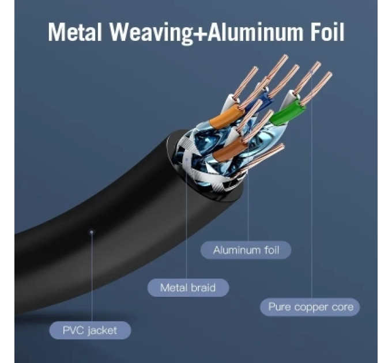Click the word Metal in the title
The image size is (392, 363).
click(x=75, y=32)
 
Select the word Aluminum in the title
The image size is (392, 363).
click(x=255, y=32)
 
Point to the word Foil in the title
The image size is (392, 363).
click(x=327, y=32)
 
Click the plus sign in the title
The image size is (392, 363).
click(x=200, y=33)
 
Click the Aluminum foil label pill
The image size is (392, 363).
click(x=246, y=250)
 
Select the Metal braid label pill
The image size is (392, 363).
click(x=188, y=288)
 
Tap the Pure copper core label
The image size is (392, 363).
click(x=310, y=307)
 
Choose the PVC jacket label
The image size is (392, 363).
click(x=90, y=330)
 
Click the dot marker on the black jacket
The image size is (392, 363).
click(x=92, y=232)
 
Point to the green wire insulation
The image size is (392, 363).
click(x=288, y=112)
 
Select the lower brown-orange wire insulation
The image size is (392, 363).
click(x=228, y=150)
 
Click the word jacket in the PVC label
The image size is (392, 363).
click(x=103, y=331)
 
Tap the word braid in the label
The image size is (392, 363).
click(x=203, y=288)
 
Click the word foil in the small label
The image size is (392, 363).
click(x=272, y=250)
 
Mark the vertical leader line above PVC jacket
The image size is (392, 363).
click(x=92, y=277)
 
